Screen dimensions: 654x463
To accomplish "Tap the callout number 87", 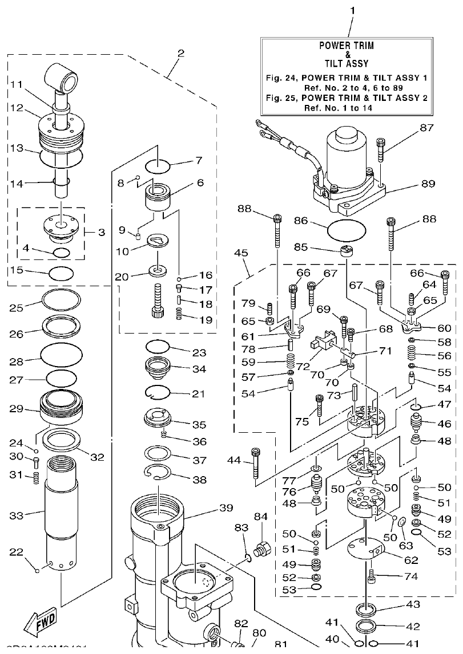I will tap(426, 128).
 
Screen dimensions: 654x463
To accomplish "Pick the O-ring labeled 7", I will tap(158, 166).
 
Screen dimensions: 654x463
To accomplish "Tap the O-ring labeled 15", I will tap(61, 273).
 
